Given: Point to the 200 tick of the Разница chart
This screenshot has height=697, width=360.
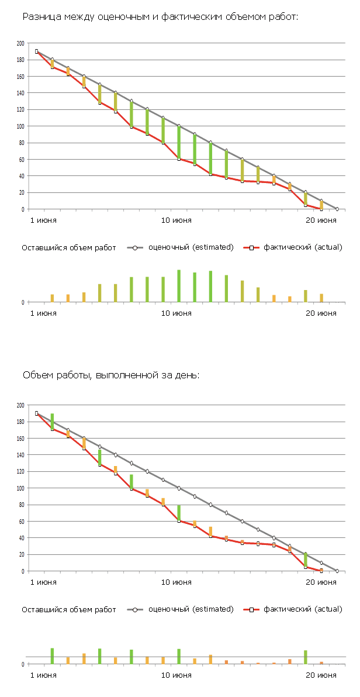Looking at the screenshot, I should [20, 43].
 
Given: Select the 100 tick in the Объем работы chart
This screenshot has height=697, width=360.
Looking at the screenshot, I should [20, 488].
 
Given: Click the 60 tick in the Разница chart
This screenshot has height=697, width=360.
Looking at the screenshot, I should [22, 159].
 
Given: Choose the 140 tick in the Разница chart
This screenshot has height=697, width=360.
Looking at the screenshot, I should [20, 93].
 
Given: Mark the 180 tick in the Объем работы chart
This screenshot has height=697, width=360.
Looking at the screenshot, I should [20, 422].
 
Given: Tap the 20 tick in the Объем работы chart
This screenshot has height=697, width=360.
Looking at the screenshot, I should [22, 554].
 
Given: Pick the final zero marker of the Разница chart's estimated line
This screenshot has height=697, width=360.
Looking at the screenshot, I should [337, 209].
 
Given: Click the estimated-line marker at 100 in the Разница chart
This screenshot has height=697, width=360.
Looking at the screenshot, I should [179, 126].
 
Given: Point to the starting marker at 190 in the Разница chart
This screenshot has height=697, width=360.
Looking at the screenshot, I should [36, 51].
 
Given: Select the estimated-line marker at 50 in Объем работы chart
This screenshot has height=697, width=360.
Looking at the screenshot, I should [258, 530].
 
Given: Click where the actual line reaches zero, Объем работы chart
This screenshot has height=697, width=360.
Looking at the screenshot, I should [321, 571].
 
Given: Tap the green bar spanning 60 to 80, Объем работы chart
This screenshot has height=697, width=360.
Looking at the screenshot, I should [179, 513].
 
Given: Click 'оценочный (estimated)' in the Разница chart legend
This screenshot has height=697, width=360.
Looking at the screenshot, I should [191, 247].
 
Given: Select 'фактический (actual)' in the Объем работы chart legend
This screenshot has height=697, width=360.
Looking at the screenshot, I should [303, 609].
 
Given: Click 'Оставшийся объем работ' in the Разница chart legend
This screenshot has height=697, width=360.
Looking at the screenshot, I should [69, 247].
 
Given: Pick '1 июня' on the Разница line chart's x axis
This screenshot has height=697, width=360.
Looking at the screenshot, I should [44, 220].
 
